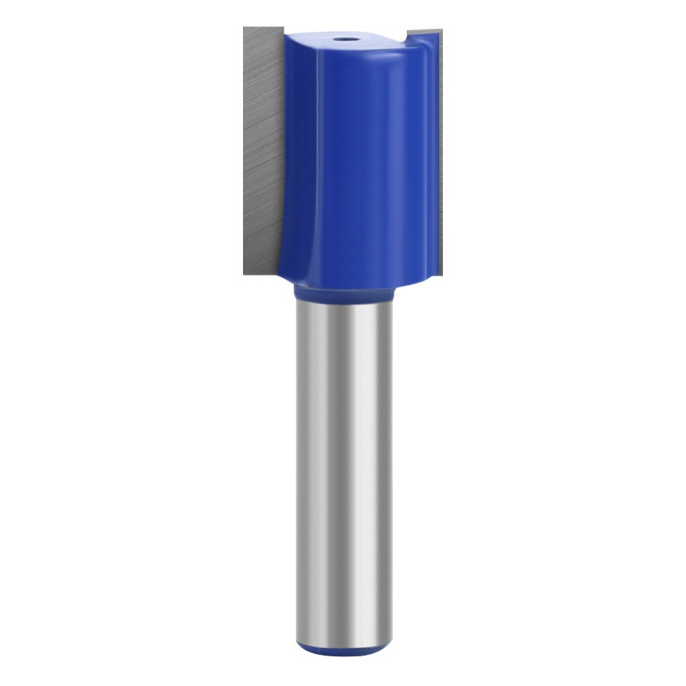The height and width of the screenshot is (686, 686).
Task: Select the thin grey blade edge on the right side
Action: coord(439,156)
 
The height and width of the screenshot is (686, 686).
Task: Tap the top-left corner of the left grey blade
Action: coord(245,29)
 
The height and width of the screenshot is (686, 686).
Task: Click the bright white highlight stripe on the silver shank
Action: coord(352,469)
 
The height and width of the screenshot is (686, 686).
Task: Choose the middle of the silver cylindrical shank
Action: coord(342,469)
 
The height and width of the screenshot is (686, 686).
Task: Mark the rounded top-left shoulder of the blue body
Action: coord(291,39)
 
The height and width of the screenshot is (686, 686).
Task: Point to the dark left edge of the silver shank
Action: coord(299,469)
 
